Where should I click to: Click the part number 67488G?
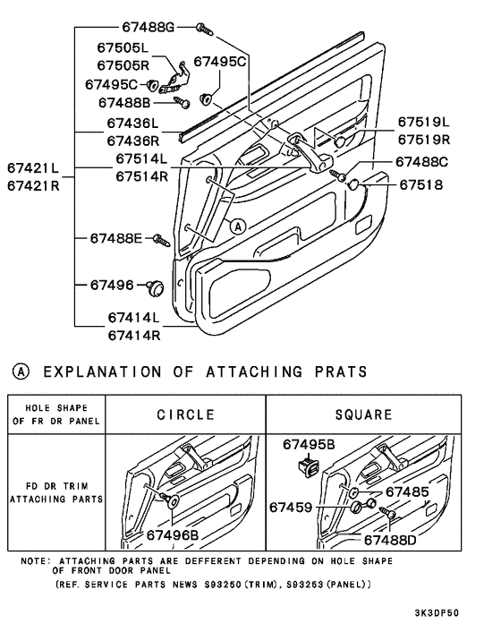[149, 27]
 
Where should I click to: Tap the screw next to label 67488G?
[205, 30]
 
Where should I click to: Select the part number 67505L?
[123, 47]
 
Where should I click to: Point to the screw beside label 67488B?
[182, 102]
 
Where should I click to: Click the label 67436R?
[133, 141]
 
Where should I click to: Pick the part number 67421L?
[33, 167]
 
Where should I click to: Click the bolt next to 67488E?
[162, 240]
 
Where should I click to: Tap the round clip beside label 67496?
[155, 287]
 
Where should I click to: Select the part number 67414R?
[134, 335]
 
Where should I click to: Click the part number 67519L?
[424, 122]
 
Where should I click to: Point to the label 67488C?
[421, 162]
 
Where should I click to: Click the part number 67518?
[420, 184]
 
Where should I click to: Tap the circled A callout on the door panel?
[238, 226]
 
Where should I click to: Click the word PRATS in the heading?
[341, 372]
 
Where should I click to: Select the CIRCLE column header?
[186, 414]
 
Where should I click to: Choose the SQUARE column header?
[363, 414]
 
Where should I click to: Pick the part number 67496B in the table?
[173, 534]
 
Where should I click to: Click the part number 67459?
[291, 507]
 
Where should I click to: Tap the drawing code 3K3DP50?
[437, 612]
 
